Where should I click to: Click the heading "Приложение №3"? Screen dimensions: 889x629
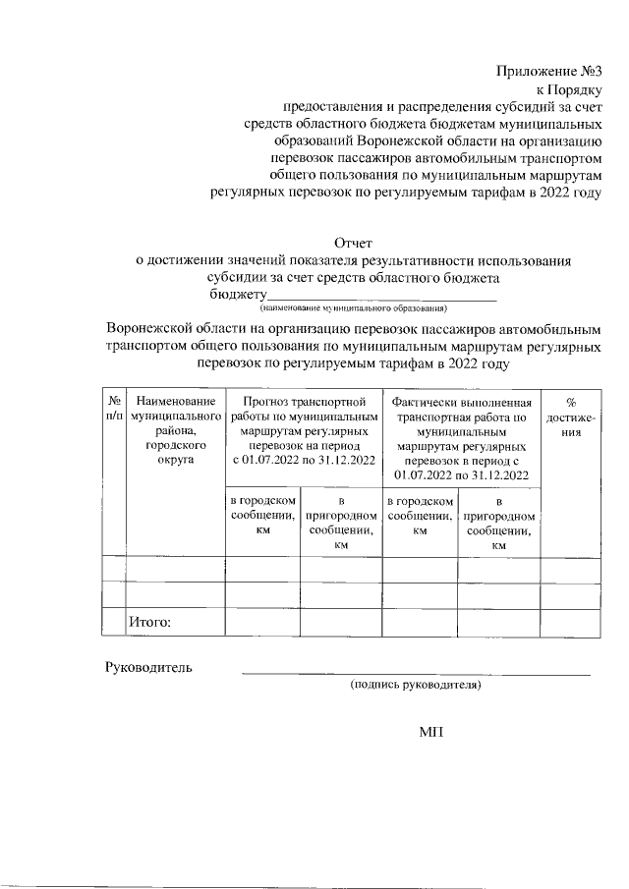tap(550, 72)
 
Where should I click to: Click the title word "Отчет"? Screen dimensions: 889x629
tap(355, 243)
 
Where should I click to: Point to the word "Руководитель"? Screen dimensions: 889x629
tap(148, 669)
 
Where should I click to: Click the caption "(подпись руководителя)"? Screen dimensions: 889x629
tap(416, 685)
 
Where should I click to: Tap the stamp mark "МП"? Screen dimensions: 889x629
tap(431, 732)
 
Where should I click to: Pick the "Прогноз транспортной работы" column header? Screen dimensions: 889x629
tap(304, 430)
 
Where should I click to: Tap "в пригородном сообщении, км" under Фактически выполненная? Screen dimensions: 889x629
tap(498, 522)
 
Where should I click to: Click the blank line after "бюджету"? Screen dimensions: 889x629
tap(382, 297)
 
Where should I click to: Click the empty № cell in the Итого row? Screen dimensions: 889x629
tap(113, 623)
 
